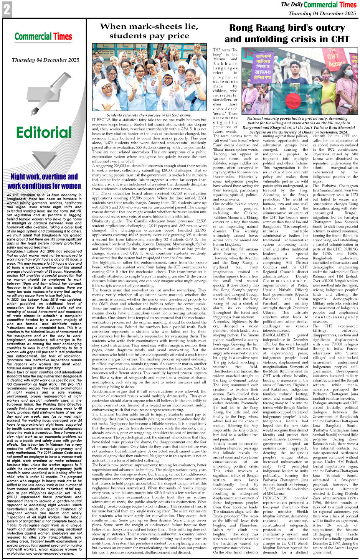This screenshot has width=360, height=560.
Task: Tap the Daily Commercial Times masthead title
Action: (x=319, y=5)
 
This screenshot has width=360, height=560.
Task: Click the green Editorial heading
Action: (x=44, y=132)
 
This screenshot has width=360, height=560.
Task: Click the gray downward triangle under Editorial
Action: (x=43, y=157)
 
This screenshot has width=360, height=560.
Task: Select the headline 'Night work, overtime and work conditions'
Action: (x=44, y=181)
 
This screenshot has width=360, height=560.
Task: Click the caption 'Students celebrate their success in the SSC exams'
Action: (x=149, y=115)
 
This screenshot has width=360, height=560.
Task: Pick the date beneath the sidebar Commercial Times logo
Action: (x=45, y=60)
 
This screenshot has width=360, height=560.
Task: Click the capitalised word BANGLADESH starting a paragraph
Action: (x=276, y=335)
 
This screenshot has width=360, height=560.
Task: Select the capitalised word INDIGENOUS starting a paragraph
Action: (x=275, y=498)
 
